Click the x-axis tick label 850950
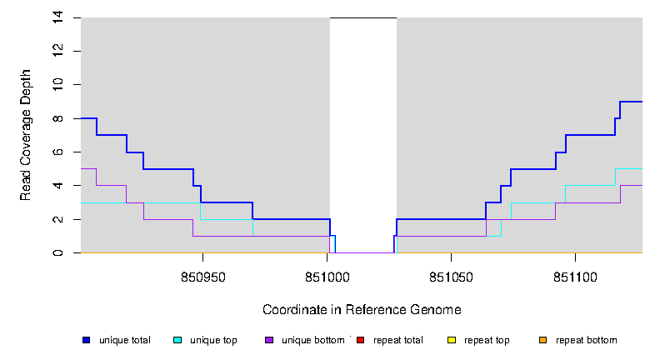tap(202, 276)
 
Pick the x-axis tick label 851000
tap(327, 276)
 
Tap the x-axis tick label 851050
tap(451, 276)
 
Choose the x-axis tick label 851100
tap(576, 276)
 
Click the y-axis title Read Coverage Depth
tap(26, 135)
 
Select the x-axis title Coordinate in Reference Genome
tap(362, 310)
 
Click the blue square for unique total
tap(86, 340)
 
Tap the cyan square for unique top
tap(177, 340)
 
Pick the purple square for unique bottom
tap(269, 340)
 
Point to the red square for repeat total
tap(361, 340)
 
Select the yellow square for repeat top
tap(452, 340)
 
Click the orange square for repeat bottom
tap(543, 340)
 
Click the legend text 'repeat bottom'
tap(587, 340)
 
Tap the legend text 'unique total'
tap(125, 340)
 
